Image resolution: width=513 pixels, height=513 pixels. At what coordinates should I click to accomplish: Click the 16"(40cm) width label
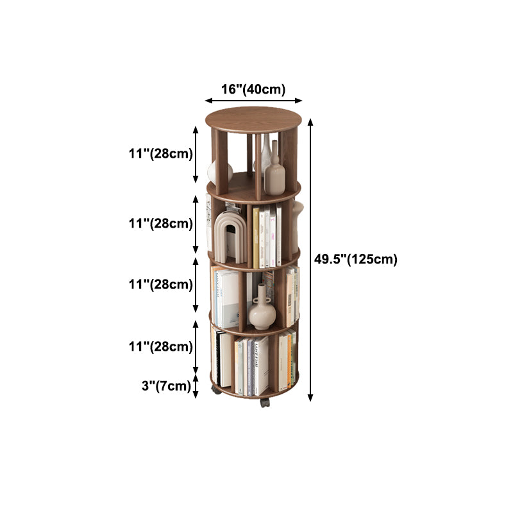(x=253, y=89)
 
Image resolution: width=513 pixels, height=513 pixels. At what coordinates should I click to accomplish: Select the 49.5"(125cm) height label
(x=356, y=259)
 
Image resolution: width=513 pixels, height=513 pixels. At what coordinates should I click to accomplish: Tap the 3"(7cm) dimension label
(x=166, y=386)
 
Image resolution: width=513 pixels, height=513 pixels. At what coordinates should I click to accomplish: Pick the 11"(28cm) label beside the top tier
(x=161, y=153)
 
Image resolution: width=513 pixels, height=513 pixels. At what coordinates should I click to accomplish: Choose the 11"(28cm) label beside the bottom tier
(x=161, y=346)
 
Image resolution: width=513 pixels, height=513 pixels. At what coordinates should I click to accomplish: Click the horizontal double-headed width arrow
(x=253, y=101)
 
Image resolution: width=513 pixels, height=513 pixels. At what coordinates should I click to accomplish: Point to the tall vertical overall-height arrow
(x=310, y=260)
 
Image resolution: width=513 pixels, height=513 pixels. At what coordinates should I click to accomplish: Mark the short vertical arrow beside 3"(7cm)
(x=196, y=387)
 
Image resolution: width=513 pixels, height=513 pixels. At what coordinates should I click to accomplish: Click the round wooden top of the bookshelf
(x=253, y=120)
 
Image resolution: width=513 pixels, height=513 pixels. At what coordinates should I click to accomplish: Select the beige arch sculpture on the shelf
(x=230, y=237)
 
